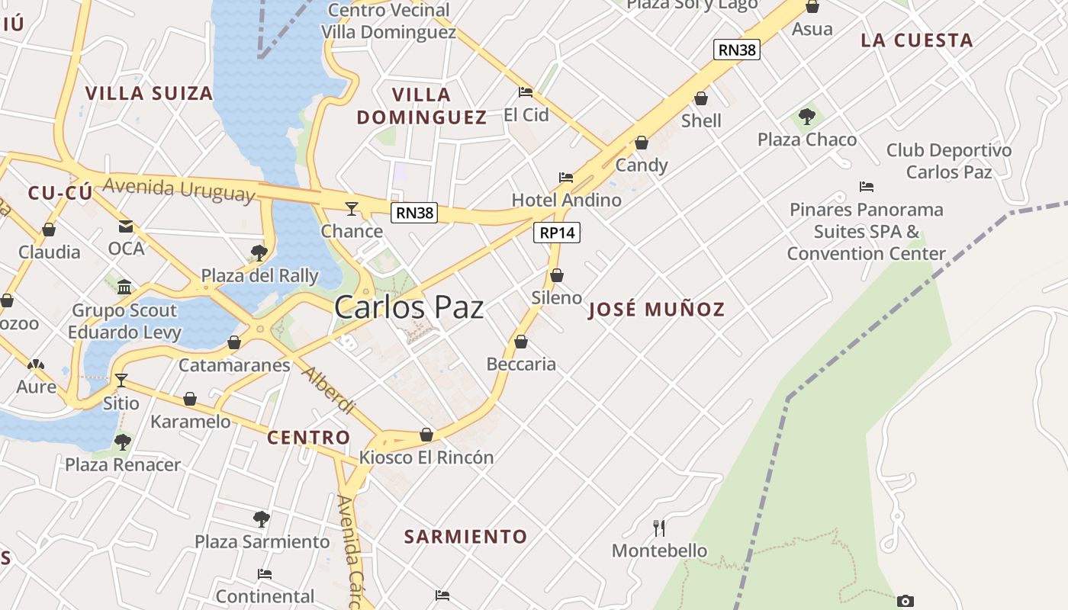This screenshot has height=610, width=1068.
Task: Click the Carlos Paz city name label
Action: tap(409, 307)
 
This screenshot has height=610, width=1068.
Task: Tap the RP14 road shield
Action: tap(556, 233)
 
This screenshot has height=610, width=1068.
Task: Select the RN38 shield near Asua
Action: tap(738, 50)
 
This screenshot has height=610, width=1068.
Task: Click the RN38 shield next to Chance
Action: tap(415, 213)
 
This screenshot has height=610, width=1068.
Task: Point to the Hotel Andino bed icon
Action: tap(566, 178)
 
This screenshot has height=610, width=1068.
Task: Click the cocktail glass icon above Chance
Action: tap(352, 208)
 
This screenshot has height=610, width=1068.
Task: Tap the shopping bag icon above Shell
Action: tap(701, 99)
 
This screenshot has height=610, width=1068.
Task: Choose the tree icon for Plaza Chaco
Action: tap(807, 117)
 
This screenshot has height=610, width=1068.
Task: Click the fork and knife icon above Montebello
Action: tap(659, 528)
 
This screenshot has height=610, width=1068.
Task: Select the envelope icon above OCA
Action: tap(126, 226)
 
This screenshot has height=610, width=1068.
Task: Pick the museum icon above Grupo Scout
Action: tap(124, 287)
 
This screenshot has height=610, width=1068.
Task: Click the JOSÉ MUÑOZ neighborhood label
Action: tap(656, 310)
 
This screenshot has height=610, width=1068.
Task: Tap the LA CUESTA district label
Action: tap(917, 40)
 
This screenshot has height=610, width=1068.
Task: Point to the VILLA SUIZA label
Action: tap(149, 94)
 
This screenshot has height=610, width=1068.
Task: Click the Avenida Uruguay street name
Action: tap(179, 188)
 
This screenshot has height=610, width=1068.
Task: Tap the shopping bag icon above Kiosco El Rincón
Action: tap(426, 435)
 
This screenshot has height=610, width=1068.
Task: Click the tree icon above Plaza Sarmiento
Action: tap(262, 520)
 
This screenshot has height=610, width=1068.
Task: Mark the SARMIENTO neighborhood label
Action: tap(465, 537)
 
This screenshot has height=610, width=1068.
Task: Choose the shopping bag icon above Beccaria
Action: tap(521, 342)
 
